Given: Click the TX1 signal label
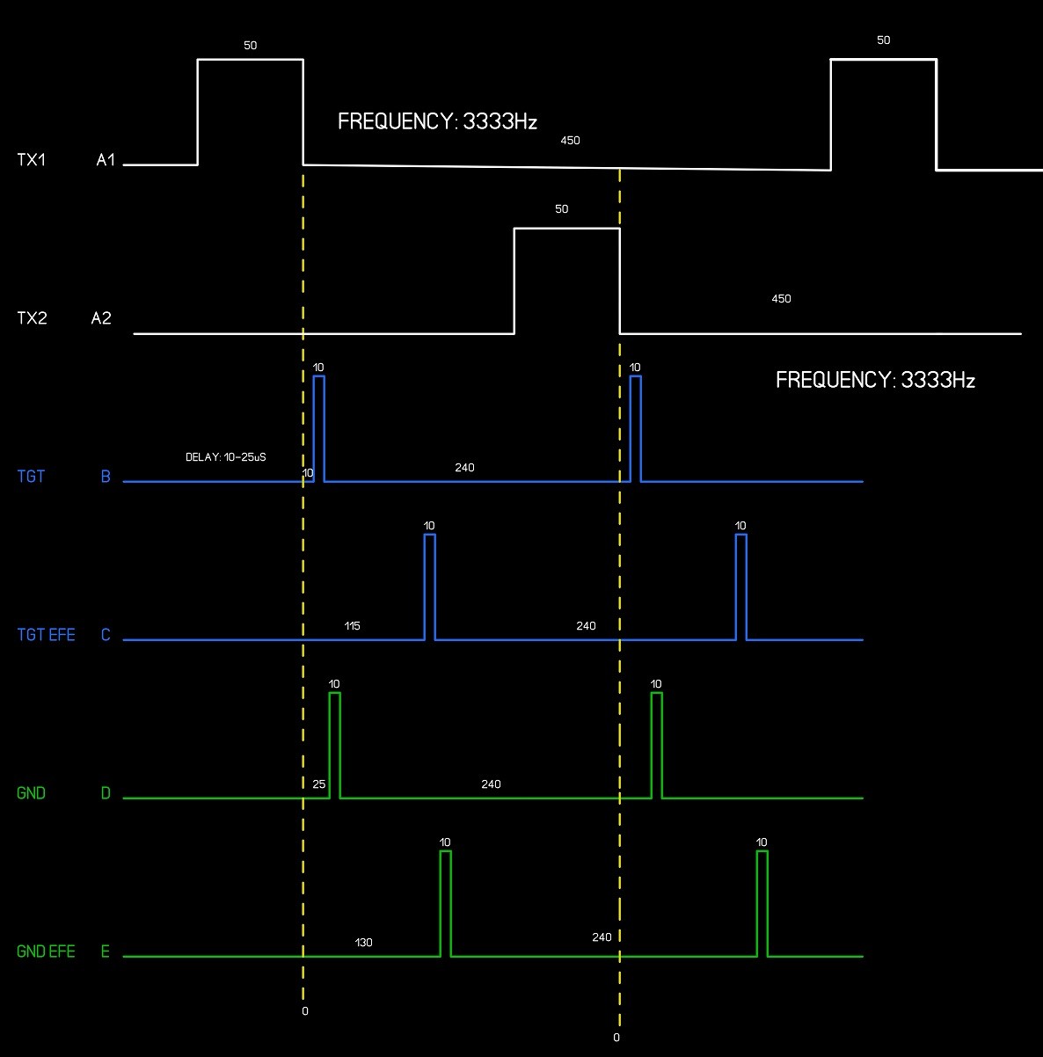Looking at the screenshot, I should (x=32, y=160).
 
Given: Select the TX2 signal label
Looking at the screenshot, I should (x=32, y=318).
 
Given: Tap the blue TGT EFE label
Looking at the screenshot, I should (x=47, y=635).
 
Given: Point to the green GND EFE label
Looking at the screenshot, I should (x=47, y=951).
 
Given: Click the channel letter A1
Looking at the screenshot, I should (x=106, y=160).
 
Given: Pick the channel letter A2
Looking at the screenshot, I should (x=101, y=318).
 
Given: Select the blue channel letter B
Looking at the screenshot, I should (x=106, y=477).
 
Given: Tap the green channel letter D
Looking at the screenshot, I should (x=106, y=793).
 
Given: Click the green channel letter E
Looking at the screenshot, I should (x=106, y=951).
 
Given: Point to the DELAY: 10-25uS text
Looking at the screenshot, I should (x=226, y=457).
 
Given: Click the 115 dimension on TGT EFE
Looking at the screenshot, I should (x=352, y=626).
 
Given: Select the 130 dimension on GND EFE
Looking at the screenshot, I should (x=363, y=943).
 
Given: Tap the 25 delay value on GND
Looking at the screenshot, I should (x=318, y=784).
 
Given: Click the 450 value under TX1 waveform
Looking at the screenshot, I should (x=570, y=141).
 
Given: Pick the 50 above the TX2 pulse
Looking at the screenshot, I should (x=562, y=209).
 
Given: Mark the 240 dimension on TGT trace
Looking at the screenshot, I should (x=464, y=468).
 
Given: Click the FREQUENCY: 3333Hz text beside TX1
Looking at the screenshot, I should (x=437, y=121).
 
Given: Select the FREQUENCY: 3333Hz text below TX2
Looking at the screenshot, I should (x=875, y=380).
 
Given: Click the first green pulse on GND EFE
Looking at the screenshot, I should (x=446, y=901).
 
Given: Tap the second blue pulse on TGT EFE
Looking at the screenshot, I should (x=740, y=585).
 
